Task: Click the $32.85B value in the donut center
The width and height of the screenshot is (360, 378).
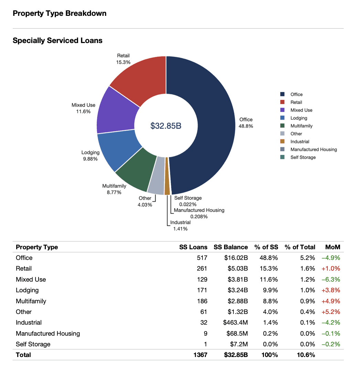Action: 166,126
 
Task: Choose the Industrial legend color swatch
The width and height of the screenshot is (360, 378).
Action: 283,141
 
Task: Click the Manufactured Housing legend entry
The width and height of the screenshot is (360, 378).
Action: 313,149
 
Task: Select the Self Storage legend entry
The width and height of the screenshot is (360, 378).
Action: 303,157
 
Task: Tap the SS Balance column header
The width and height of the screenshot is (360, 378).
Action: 231,247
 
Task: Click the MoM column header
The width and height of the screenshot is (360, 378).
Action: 332,247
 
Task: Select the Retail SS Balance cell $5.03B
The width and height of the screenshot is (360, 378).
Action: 237,269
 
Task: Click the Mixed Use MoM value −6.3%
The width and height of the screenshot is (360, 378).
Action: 331,280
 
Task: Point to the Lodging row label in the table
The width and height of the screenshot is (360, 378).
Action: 27,290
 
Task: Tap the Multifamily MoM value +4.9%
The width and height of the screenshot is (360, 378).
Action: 331,301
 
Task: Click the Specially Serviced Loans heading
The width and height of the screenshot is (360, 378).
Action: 57,41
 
